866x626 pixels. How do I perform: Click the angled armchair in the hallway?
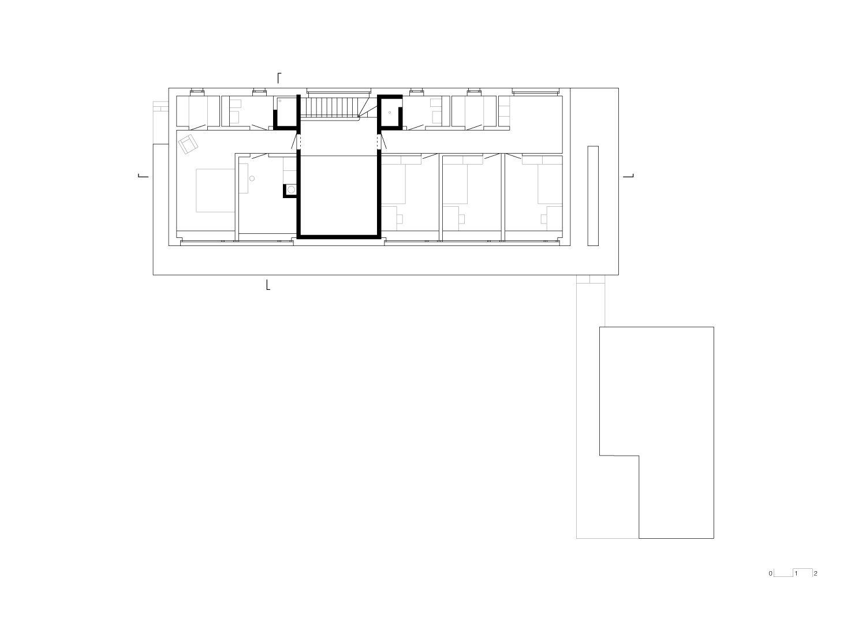click(x=188, y=144)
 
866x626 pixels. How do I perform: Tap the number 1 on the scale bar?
click(x=796, y=574)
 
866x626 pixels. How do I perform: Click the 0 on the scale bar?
click(x=770, y=574)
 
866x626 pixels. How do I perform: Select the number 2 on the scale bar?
click(x=815, y=574)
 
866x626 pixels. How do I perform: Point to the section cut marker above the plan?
click(x=279, y=77)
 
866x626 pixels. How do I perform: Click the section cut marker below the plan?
click(x=268, y=285)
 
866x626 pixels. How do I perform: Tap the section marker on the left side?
click(x=143, y=176)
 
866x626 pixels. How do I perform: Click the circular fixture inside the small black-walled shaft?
click(x=292, y=189)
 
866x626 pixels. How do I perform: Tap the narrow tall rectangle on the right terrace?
click(x=593, y=196)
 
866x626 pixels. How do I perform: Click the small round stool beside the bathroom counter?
click(x=252, y=179)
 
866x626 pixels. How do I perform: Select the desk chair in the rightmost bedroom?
click(x=544, y=218)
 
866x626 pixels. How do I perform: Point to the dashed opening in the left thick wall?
click(x=298, y=142)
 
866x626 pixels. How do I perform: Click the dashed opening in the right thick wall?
click(x=379, y=142)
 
